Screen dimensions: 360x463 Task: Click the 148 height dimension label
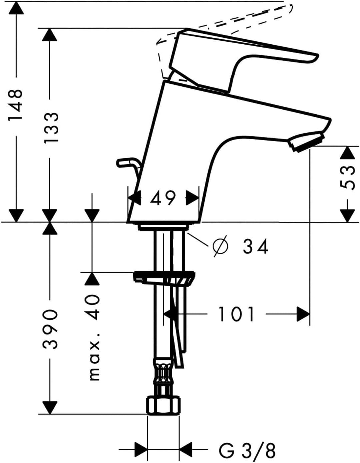point(15,105)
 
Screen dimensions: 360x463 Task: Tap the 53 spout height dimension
point(347,177)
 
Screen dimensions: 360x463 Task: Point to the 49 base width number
point(163,198)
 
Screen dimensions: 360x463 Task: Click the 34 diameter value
point(255,247)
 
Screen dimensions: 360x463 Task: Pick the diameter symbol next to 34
point(220,246)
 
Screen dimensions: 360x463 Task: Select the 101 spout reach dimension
point(236,314)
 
